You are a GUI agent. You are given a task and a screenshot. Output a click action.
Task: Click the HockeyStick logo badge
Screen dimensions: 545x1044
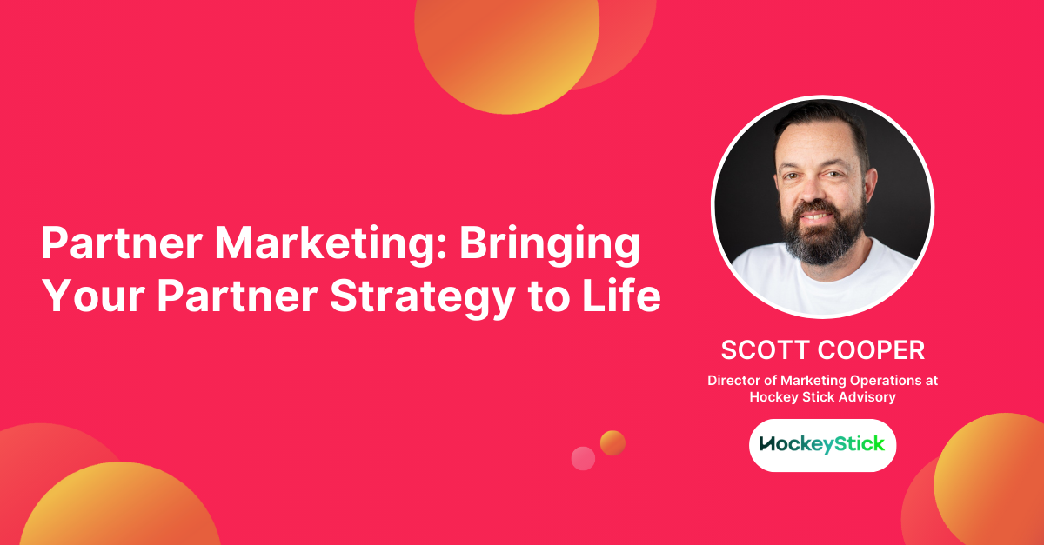tap(822, 445)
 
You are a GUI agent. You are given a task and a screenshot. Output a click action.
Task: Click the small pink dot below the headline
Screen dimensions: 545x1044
tap(583, 458)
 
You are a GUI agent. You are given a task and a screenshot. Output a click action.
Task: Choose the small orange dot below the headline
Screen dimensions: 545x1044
tap(612, 443)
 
